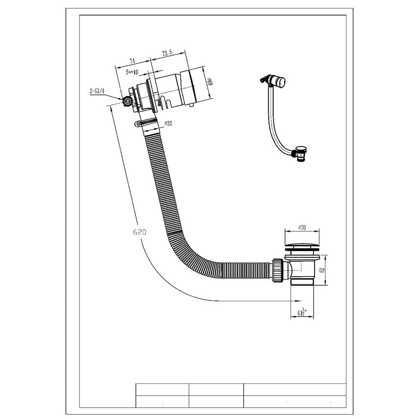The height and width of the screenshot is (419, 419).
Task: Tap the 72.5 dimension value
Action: pyautogui.click(x=166, y=53)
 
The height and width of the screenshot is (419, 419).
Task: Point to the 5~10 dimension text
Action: pyautogui.click(x=133, y=72)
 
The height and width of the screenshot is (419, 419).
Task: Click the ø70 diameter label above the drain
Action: pyautogui.click(x=301, y=227)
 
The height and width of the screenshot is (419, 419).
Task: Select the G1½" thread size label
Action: pyautogui.click(x=302, y=312)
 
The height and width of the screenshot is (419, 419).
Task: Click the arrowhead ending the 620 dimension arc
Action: pyautogui.click(x=298, y=300)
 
